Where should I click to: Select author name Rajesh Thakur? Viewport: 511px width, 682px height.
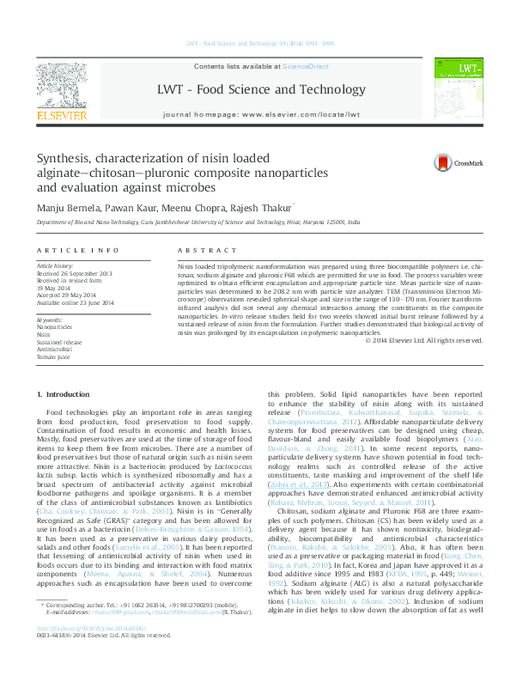[245, 208]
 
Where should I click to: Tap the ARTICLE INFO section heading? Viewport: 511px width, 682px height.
[77, 250]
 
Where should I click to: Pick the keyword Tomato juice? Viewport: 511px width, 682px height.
[53, 356]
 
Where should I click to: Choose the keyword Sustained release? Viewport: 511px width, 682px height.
[60, 342]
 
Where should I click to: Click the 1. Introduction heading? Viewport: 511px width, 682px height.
[66, 394]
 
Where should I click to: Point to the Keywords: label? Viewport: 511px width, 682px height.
[50, 320]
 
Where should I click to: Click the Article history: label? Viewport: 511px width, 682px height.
[56, 267]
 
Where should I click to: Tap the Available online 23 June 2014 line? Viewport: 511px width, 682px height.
[81, 301]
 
